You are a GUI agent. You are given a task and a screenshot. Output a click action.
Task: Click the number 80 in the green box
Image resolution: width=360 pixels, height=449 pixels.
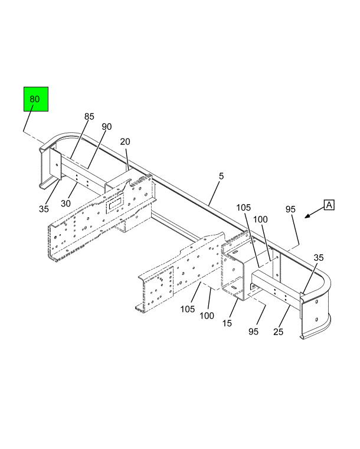point(35,99)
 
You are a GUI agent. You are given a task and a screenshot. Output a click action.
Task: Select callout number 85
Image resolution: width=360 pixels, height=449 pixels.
point(89,117)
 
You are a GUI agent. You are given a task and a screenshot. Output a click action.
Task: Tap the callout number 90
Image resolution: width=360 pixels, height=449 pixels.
point(107,127)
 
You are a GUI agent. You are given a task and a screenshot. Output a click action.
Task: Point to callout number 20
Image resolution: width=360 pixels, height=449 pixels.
point(125,142)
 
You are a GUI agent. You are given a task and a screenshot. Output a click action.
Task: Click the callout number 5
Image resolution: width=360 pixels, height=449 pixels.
point(221,176)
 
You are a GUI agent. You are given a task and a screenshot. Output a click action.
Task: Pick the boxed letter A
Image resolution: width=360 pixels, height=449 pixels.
point(329,205)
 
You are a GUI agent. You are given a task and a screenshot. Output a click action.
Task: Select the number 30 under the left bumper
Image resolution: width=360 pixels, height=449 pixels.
point(66,204)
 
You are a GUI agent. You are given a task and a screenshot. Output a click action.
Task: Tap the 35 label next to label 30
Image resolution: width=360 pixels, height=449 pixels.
point(44,209)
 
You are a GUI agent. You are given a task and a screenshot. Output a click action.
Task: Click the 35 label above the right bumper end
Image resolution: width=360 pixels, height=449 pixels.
point(319,257)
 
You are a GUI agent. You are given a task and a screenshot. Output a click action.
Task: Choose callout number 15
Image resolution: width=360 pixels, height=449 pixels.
point(227,323)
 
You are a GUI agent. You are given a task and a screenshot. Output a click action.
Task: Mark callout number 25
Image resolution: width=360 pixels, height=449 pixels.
point(278,332)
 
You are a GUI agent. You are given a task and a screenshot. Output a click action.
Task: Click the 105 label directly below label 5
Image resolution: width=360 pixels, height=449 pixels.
point(243,208)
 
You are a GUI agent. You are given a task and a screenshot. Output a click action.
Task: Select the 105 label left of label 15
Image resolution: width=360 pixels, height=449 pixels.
point(188,309)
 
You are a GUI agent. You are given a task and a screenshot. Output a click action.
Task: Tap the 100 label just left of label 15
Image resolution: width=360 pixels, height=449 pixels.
point(207,316)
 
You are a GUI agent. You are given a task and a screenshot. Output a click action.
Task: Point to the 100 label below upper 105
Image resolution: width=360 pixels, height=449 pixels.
point(260,219)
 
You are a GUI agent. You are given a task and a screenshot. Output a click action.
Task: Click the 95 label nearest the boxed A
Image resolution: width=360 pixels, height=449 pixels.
point(290,209)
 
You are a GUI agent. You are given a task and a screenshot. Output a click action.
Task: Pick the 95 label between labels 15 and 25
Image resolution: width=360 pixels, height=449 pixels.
point(253,332)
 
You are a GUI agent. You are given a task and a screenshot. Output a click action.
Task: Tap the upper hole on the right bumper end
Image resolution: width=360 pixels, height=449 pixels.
point(316,301)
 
